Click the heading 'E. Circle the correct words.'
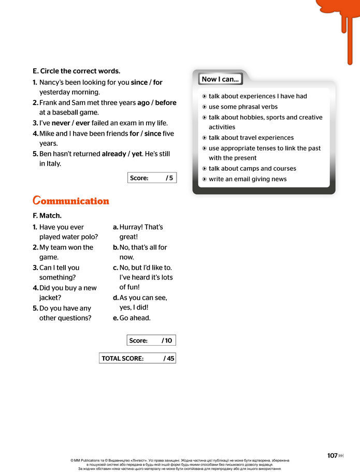point(76,71)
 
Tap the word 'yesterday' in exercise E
point(54,92)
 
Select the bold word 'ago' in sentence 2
point(143,102)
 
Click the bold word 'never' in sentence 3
point(61,123)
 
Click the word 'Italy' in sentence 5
point(53,164)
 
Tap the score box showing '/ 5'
point(152,178)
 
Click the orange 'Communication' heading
point(70,201)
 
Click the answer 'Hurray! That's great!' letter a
point(141,232)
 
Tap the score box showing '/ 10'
point(151,340)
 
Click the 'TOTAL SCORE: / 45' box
point(137,358)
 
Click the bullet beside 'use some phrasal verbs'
point(205,107)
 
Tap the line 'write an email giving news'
point(248,179)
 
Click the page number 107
point(332,455)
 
